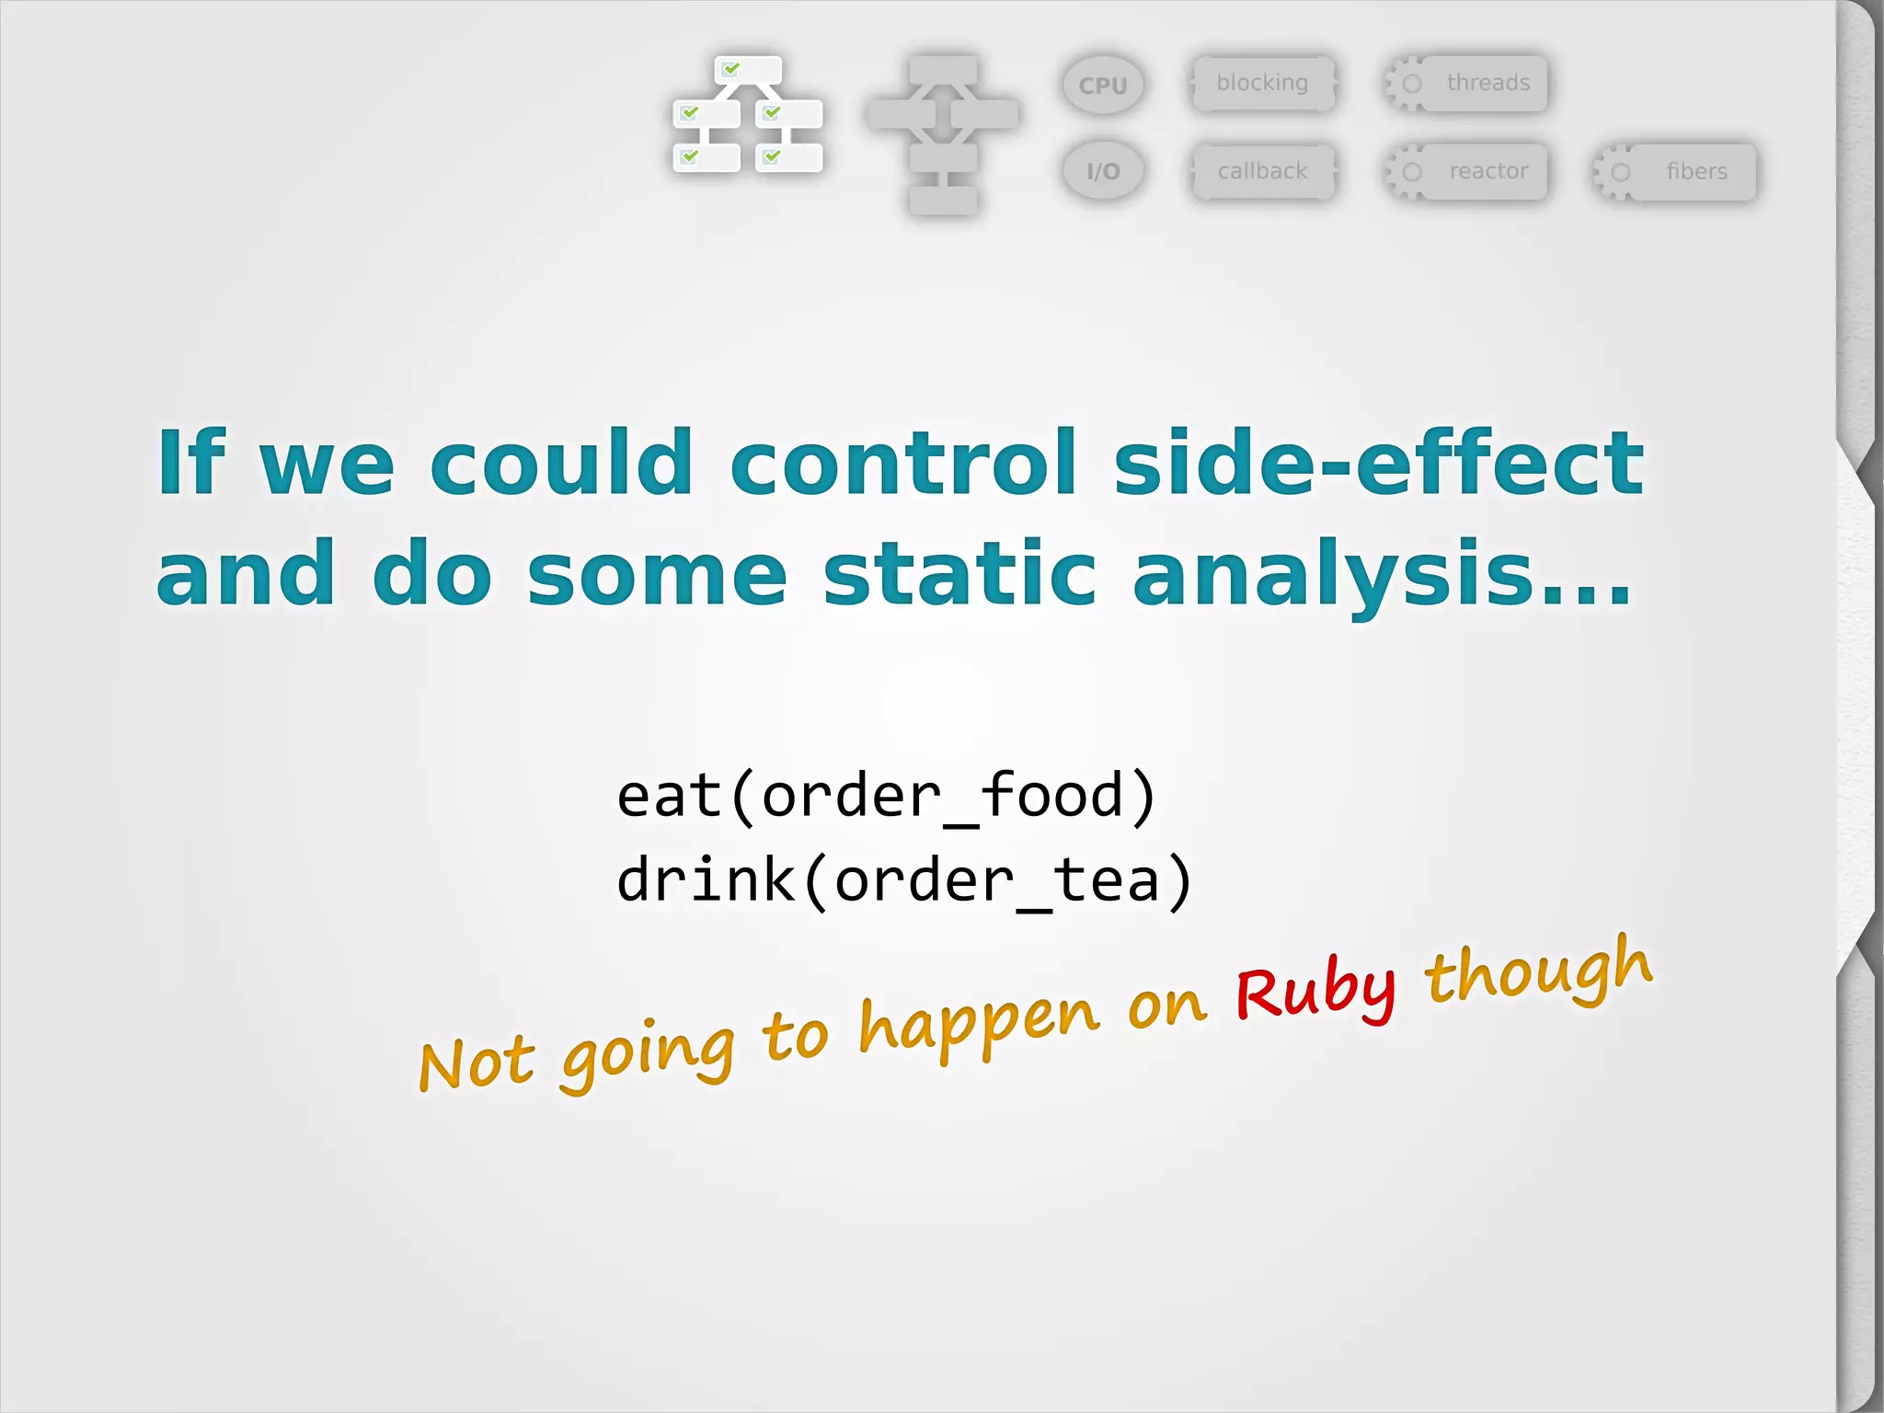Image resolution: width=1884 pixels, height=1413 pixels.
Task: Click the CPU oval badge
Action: [1103, 85]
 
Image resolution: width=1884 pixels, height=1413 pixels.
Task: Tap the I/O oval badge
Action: [1103, 171]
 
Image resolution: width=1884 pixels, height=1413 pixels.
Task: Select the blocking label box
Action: [1262, 83]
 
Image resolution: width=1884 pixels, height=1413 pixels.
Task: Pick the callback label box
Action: [1262, 171]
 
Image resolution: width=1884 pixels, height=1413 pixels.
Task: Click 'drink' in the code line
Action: [706, 879]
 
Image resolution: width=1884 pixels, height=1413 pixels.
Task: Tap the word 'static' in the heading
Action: [959, 574]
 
